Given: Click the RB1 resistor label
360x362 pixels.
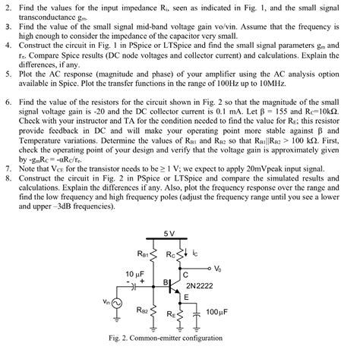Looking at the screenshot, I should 144,253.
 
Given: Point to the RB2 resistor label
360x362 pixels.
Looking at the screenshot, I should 144,310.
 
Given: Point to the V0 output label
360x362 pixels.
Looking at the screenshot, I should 219,268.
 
